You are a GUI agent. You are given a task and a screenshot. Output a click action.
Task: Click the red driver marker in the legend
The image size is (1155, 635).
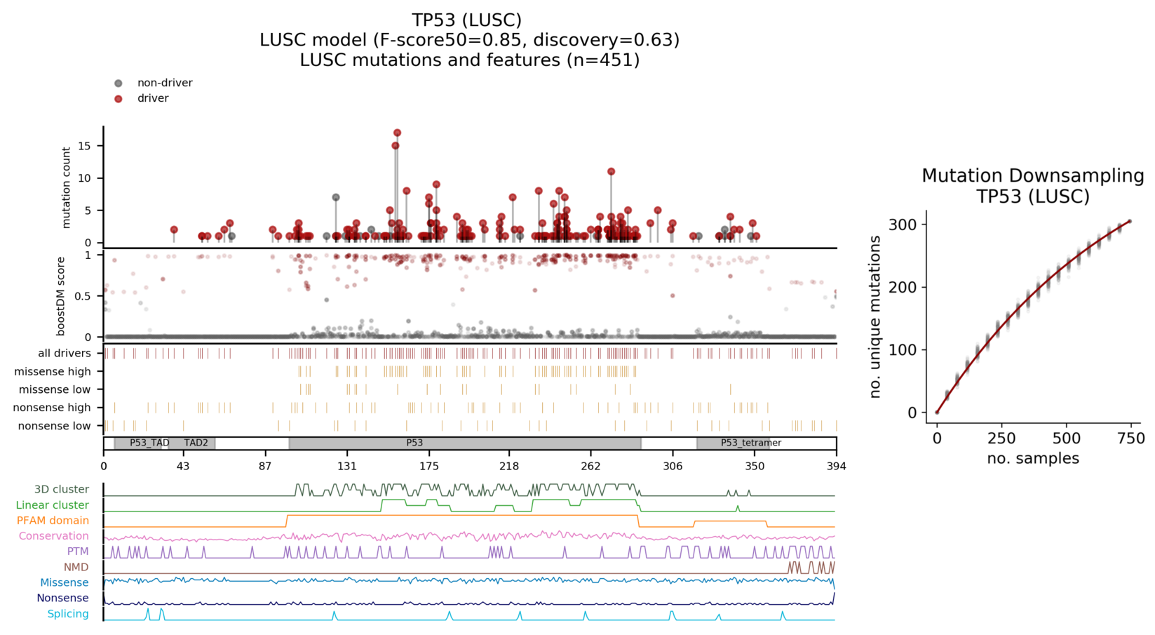coord(119,99)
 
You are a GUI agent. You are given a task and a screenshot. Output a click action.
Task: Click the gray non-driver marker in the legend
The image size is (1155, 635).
coord(119,83)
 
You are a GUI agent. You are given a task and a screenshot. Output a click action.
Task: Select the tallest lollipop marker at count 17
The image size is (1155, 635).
coord(398,133)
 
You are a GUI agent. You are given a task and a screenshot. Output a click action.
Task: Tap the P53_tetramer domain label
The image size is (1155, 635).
coord(750,443)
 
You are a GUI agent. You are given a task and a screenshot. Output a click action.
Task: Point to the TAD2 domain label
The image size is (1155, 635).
coord(196,443)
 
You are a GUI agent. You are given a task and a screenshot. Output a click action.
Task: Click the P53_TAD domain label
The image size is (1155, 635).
coord(149,443)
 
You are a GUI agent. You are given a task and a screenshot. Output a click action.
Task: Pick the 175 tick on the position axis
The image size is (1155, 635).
coord(429,466)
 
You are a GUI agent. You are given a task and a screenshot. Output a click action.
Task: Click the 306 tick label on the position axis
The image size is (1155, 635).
coord(673,466)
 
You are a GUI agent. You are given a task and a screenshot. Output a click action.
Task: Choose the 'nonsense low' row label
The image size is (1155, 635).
coord(55,426)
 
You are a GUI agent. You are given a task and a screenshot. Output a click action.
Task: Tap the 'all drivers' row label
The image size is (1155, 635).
coord(65,353)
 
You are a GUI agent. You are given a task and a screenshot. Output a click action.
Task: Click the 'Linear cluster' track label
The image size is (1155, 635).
coord(53,505)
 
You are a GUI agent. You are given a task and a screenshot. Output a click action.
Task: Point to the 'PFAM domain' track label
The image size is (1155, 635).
coord(53,521)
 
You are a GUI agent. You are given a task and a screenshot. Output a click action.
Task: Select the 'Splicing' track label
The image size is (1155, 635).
coord(68,614)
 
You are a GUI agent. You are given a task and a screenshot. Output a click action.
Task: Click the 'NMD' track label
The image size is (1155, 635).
coord(76,567)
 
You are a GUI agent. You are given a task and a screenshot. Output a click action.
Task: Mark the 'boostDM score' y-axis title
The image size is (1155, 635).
coord(61,296)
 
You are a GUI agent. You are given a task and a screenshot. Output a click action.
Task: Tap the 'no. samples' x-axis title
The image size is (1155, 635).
coord(1032,459)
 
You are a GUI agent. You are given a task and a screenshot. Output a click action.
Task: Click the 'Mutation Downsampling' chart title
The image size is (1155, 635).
coord(1032,175)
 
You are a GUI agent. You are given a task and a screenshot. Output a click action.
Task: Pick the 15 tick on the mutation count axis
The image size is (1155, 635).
coord(85,146)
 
